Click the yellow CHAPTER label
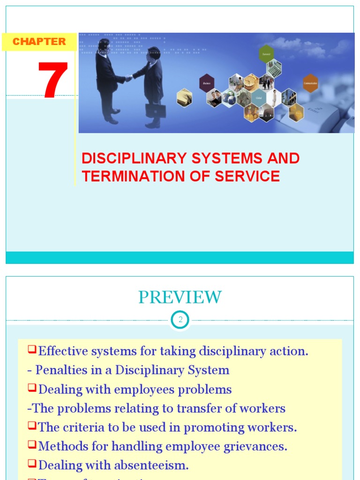click(x=39, y=42)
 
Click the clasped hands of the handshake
click(x=128, y=78)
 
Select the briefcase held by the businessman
click(x=155, y=111)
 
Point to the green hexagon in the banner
click(x=266, y=53)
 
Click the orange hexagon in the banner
click(x=310, y=83)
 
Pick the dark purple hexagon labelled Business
click(x=207, y=83)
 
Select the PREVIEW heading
click(x=180, y=297)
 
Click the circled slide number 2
click(x=180, y=321)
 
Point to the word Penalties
click(x=60, y=370)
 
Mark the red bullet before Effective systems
click(x=32, y=349)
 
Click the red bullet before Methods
click(x=32, y=445)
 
